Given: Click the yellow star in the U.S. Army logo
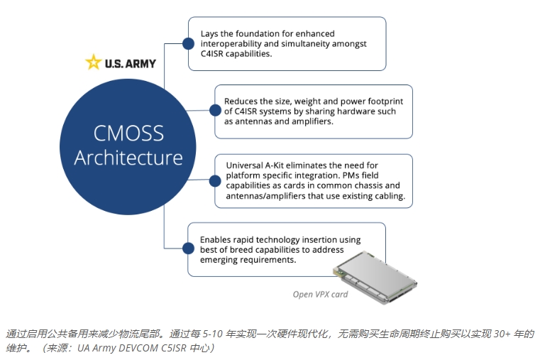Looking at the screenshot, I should coord(93,62).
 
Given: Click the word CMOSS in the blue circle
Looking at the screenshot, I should coord(128,133).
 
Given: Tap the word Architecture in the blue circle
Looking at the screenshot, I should coord(128,157).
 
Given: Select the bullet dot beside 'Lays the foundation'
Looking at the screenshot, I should coord(188,43).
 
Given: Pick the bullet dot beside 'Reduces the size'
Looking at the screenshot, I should coord(214,109).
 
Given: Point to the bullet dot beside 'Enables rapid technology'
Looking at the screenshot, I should coord(188,248).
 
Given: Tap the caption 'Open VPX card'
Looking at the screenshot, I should coord(321,294).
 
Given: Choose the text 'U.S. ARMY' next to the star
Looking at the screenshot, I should coord(131,63).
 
